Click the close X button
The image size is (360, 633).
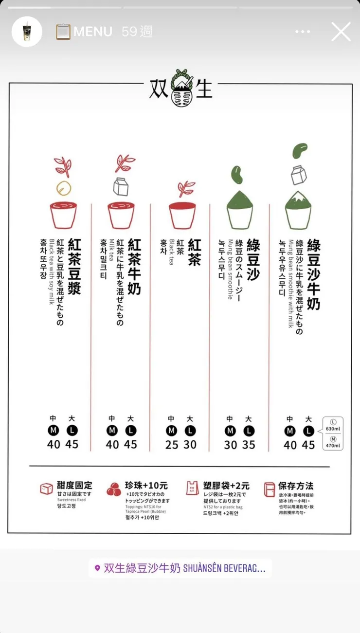(341, 32)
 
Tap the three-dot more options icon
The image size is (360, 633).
(303, 32)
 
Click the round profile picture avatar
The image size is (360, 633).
(27, 32)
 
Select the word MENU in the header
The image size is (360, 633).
(92, 32)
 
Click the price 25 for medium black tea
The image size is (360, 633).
(171, 444)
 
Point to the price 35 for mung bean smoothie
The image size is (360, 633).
(249, 444)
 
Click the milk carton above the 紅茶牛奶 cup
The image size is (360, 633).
(121, 186)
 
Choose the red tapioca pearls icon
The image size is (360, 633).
(114, 489)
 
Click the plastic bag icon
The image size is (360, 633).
(192, 488)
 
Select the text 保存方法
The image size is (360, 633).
(296, 486)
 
